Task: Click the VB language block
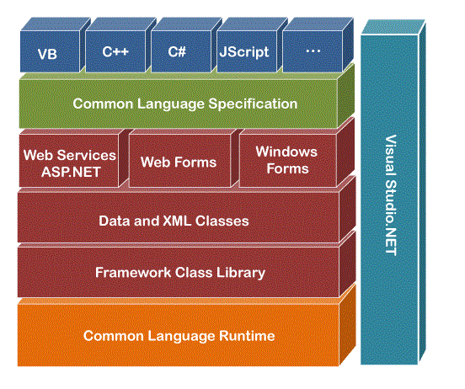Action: pos(50,51)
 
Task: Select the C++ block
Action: pos(115,51)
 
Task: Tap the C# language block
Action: pos(181,51)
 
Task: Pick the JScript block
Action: pos(247,51)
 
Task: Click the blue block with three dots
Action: pos(313,51)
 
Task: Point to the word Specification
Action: pos(253,104)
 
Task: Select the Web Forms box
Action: pos(179,161)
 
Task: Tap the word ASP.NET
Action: pos(71,172)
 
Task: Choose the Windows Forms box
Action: pos(287,161)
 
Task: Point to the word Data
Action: pos(115,221)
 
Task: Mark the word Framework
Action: pos(133,273)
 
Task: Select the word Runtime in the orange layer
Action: pos(247,336)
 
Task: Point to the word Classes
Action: pos(222,221)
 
